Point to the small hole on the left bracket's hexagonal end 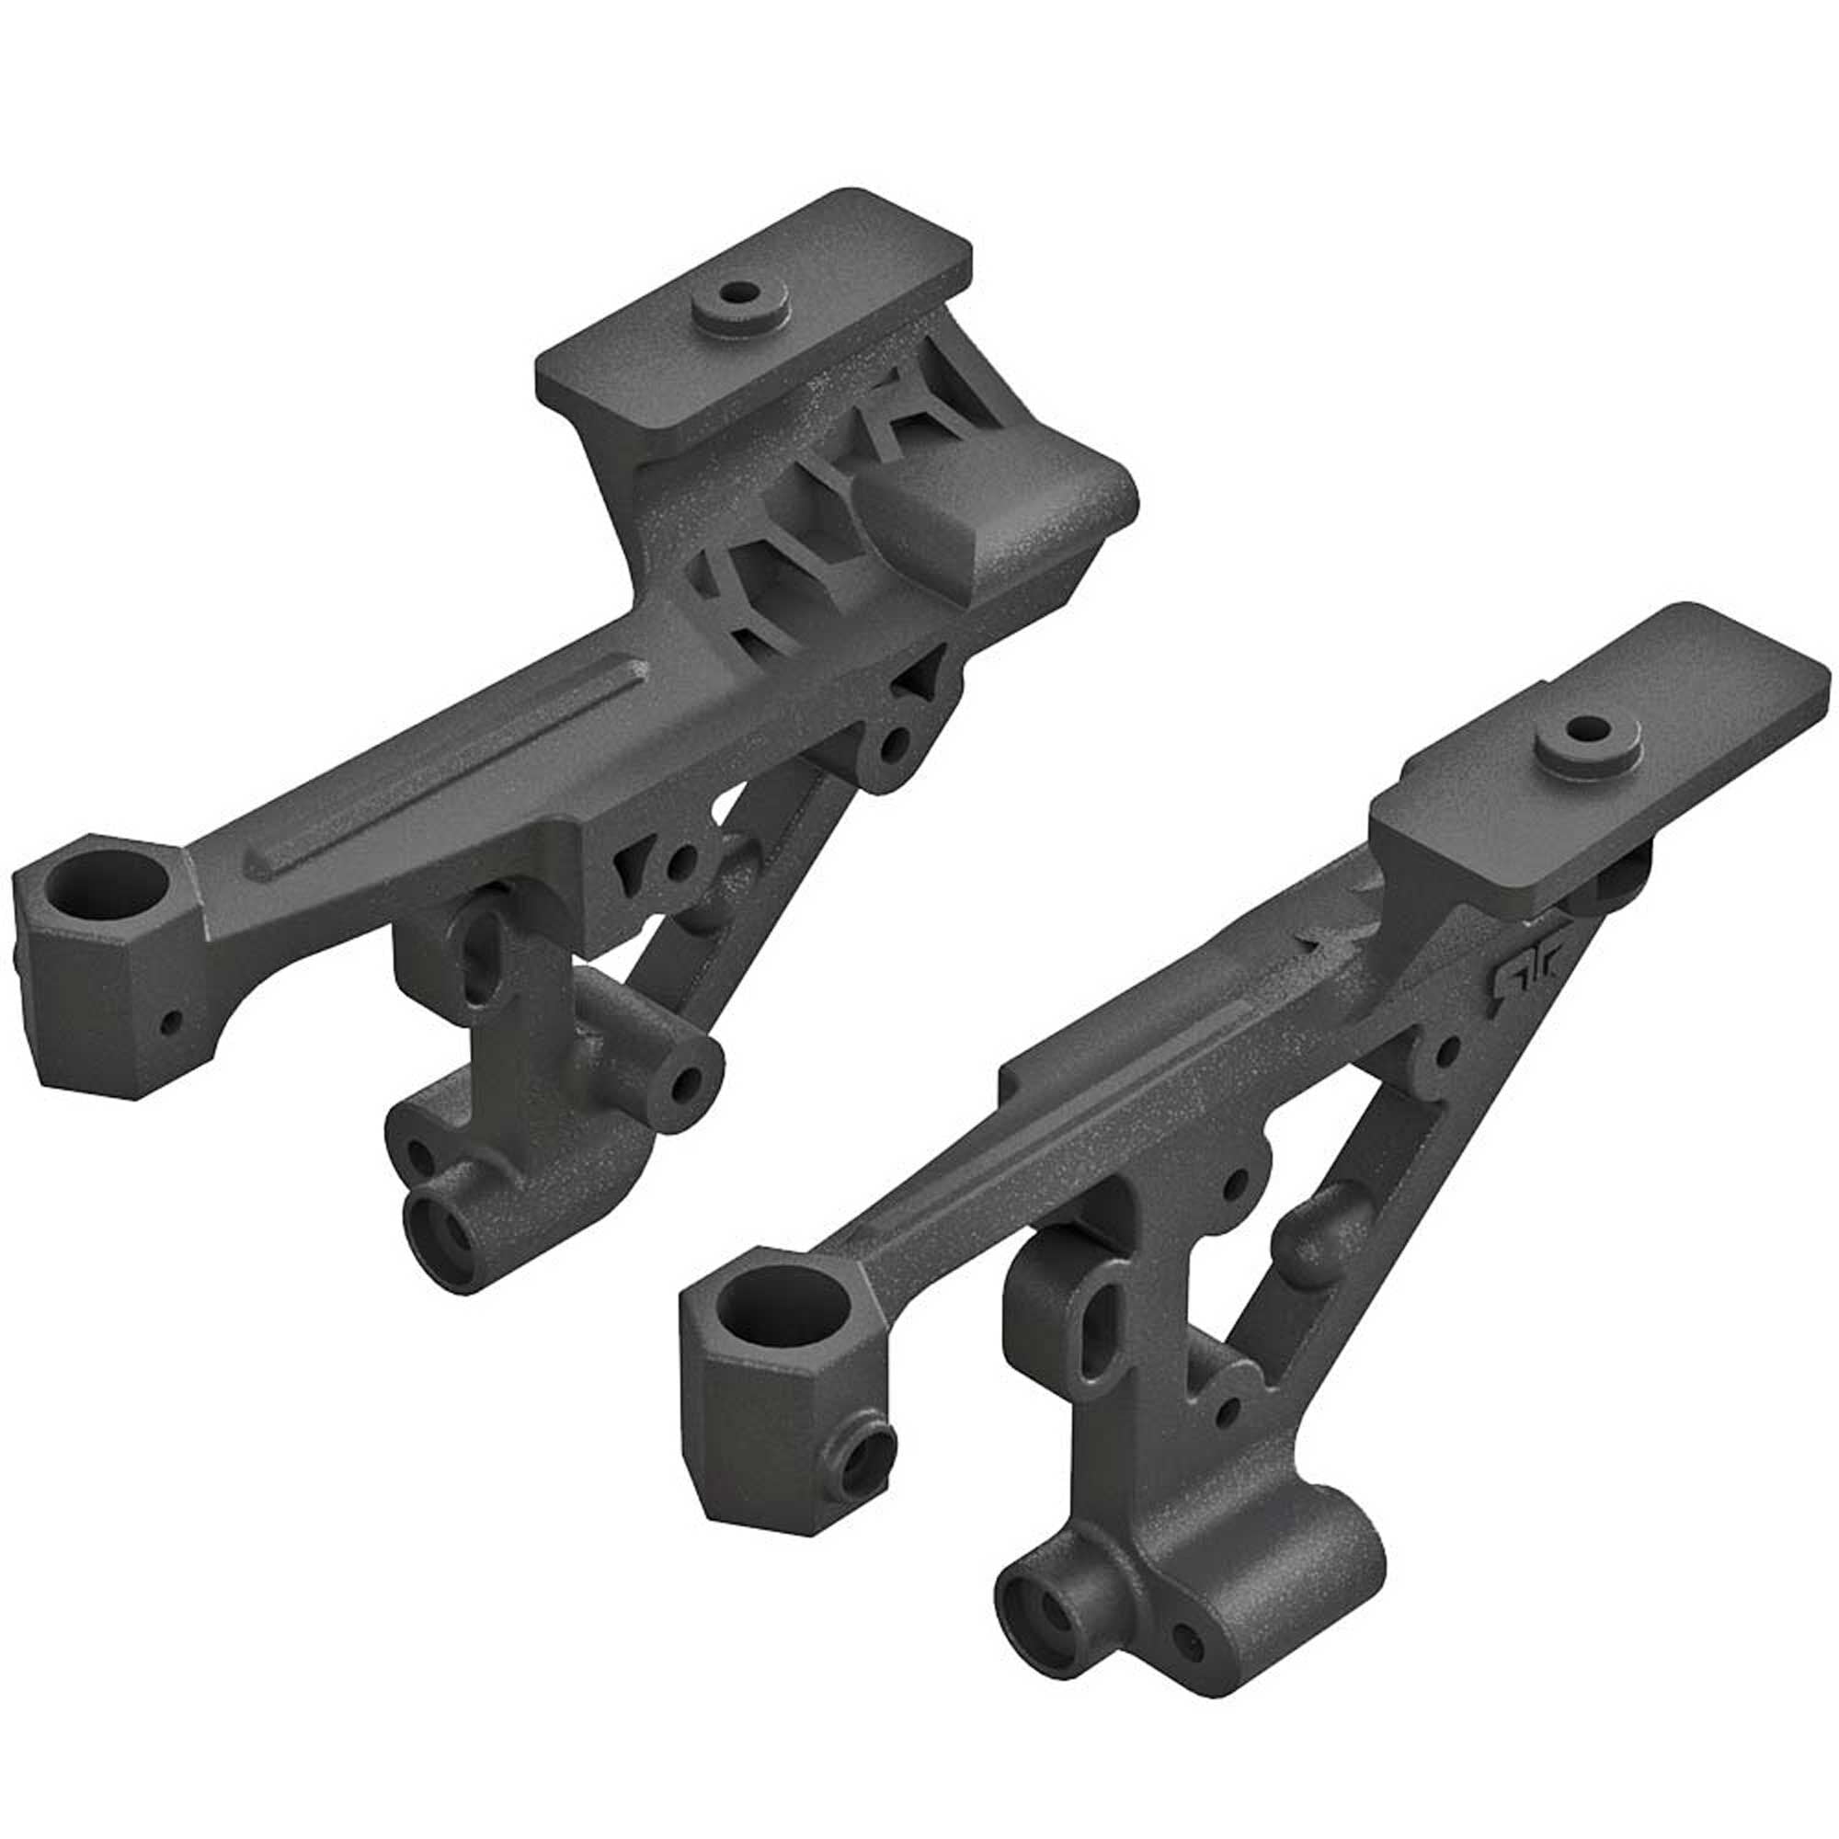(x=170, y=1023)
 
